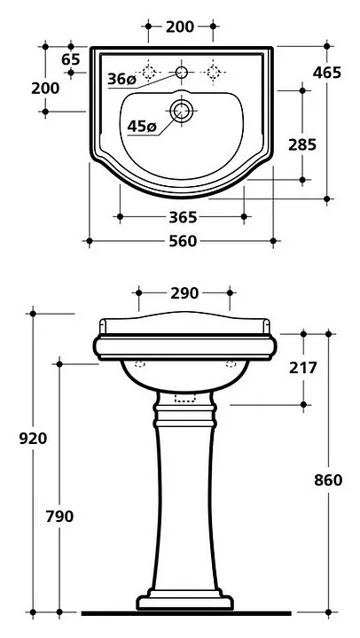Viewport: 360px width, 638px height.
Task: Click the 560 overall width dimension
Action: pyautogui.click(x=183, y=241)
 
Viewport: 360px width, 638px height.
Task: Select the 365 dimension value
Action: pyautogui.click(x=183, y=218)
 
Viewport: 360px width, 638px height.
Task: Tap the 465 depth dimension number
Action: pyautogui.click(x=326, y=73)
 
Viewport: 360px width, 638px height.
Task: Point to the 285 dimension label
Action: pyautogui.click(x=302, y=144)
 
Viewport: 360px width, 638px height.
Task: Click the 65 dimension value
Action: pyautogui.click(x=71, y=59)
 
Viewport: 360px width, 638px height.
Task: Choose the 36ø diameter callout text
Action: pyautogui.click(x=121, y=79)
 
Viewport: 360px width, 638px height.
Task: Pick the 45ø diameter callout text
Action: pyautogui.click(x=142, y=127)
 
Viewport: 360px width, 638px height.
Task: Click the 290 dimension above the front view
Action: pyautogui.click(x=184, y=293)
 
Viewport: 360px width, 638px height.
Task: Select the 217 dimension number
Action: pyautogui.click(x=303, y=368)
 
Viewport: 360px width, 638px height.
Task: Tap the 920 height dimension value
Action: pyautogui.click(x=33, y=439)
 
